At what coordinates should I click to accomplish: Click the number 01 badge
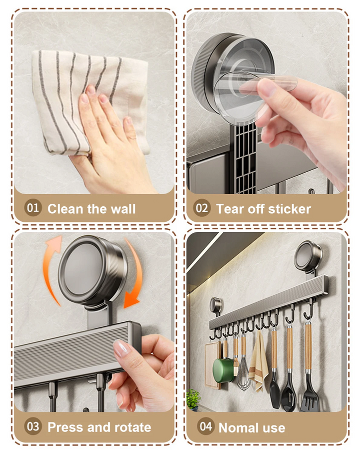point(33,208)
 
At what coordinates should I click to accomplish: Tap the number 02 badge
point(202,208)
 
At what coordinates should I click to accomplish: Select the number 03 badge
point(33,426)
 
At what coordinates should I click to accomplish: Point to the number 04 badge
point(206,426)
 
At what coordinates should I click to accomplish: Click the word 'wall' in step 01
point(123,209)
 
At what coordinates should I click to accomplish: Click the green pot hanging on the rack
point(223,370)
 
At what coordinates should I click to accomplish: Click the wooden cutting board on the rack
point(212,364)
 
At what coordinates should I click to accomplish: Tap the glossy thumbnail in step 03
point(122,348)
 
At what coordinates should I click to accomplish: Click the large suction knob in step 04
point(308,256)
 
